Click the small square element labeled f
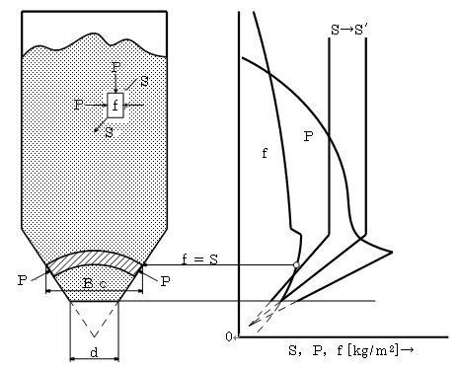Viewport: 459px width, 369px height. click(115, 106)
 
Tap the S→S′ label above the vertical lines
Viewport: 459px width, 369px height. click(348, 30)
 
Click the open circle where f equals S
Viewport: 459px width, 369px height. click(296, 264)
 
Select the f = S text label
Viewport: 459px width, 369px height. click(199, 259)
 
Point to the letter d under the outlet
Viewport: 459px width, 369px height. click(94, 352)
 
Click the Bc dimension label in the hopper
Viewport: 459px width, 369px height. click(95, 283)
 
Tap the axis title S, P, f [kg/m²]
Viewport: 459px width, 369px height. click(350, 350)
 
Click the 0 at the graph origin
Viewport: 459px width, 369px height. click(229, 337)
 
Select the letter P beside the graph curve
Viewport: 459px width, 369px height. click(308, 136)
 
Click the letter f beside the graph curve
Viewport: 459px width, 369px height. click(265, 153)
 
